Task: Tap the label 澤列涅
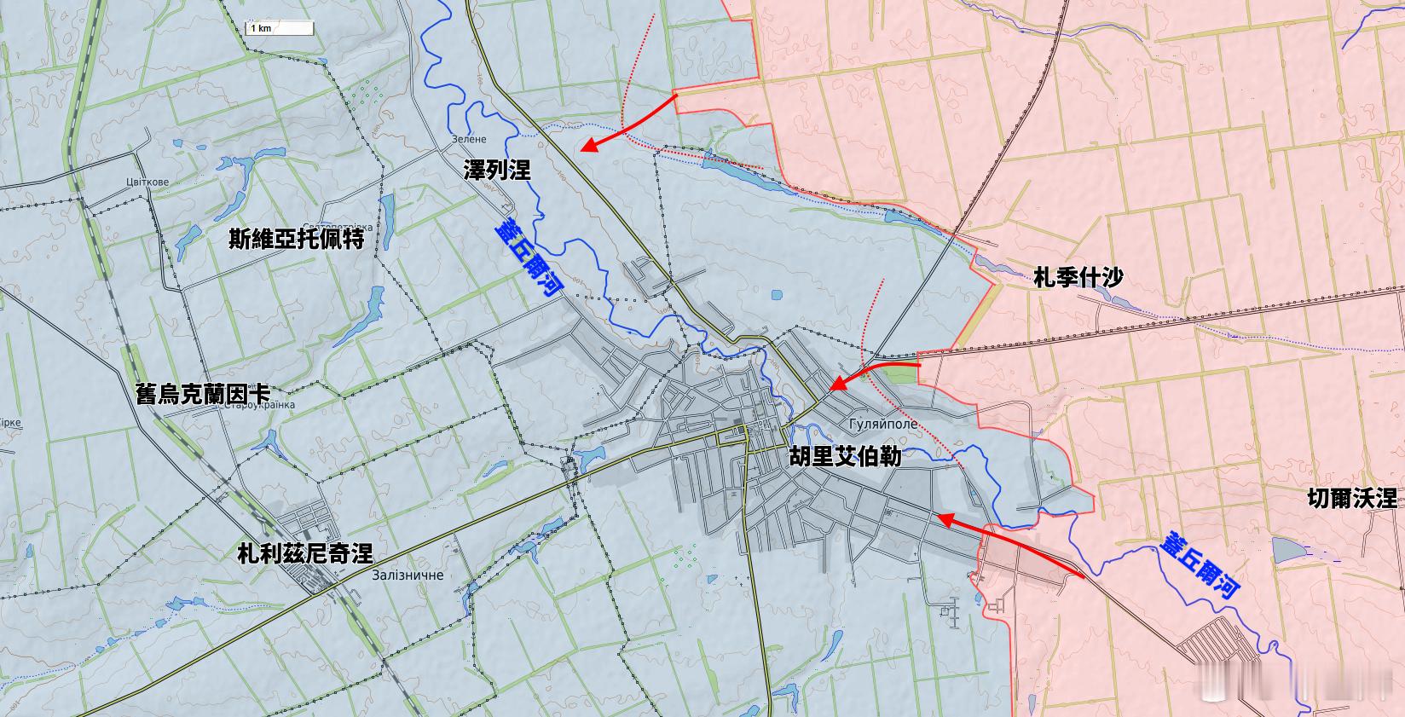pos(497,170)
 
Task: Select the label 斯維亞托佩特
pos(297,239)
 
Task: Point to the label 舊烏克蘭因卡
pos(203,394)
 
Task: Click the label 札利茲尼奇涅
pos(305,553)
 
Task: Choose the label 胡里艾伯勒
pos(844,456)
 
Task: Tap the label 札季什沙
pos(1078,277)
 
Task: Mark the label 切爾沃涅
pos(1351,498)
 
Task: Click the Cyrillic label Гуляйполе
pos(883,424)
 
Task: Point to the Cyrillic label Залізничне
pos(408,575)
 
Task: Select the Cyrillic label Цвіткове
pos(147,182)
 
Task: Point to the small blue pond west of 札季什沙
pos(775,297)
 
